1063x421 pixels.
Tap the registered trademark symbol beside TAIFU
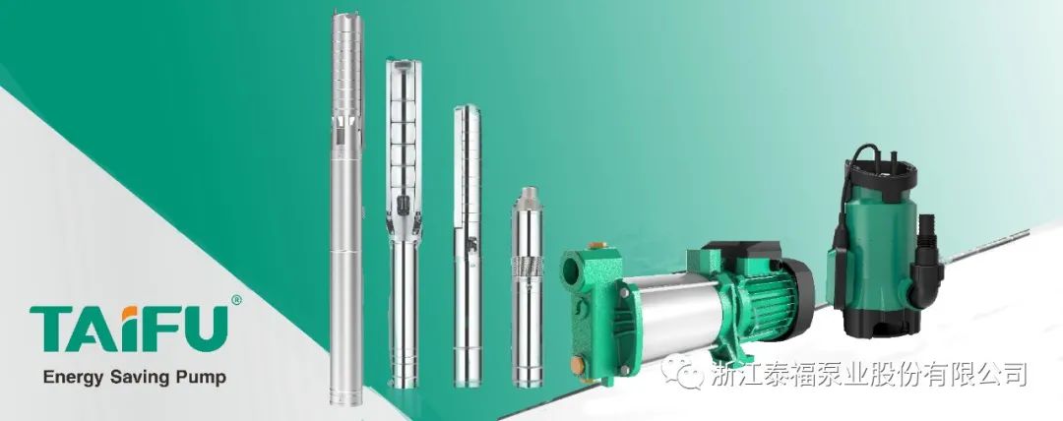click(236, 300)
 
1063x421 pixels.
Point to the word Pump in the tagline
click(202, 378)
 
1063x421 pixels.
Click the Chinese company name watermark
click(869, 374)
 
